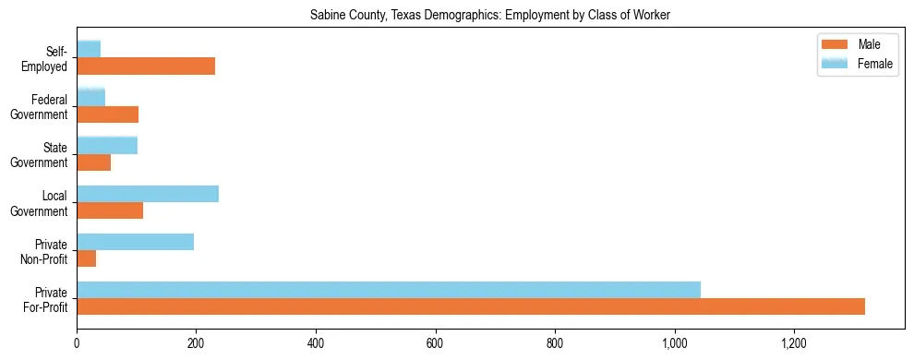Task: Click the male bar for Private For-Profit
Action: coord(471,306)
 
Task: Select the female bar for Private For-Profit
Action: coord(389,290)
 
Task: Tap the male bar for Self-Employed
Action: coord(146,66)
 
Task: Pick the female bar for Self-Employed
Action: coord(89,49)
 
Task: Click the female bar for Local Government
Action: coord(148,194)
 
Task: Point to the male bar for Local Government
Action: coord(110,210)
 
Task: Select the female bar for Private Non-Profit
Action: coord(135,242)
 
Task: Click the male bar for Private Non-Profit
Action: coord(87,258)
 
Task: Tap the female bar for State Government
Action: coord(107,145)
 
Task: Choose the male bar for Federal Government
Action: coord(108,114)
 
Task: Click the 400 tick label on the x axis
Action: coord(316,343)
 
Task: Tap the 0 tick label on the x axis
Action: coord(77,343)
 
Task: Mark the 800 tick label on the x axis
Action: coord(555,343)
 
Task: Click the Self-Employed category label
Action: coord(48,59)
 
